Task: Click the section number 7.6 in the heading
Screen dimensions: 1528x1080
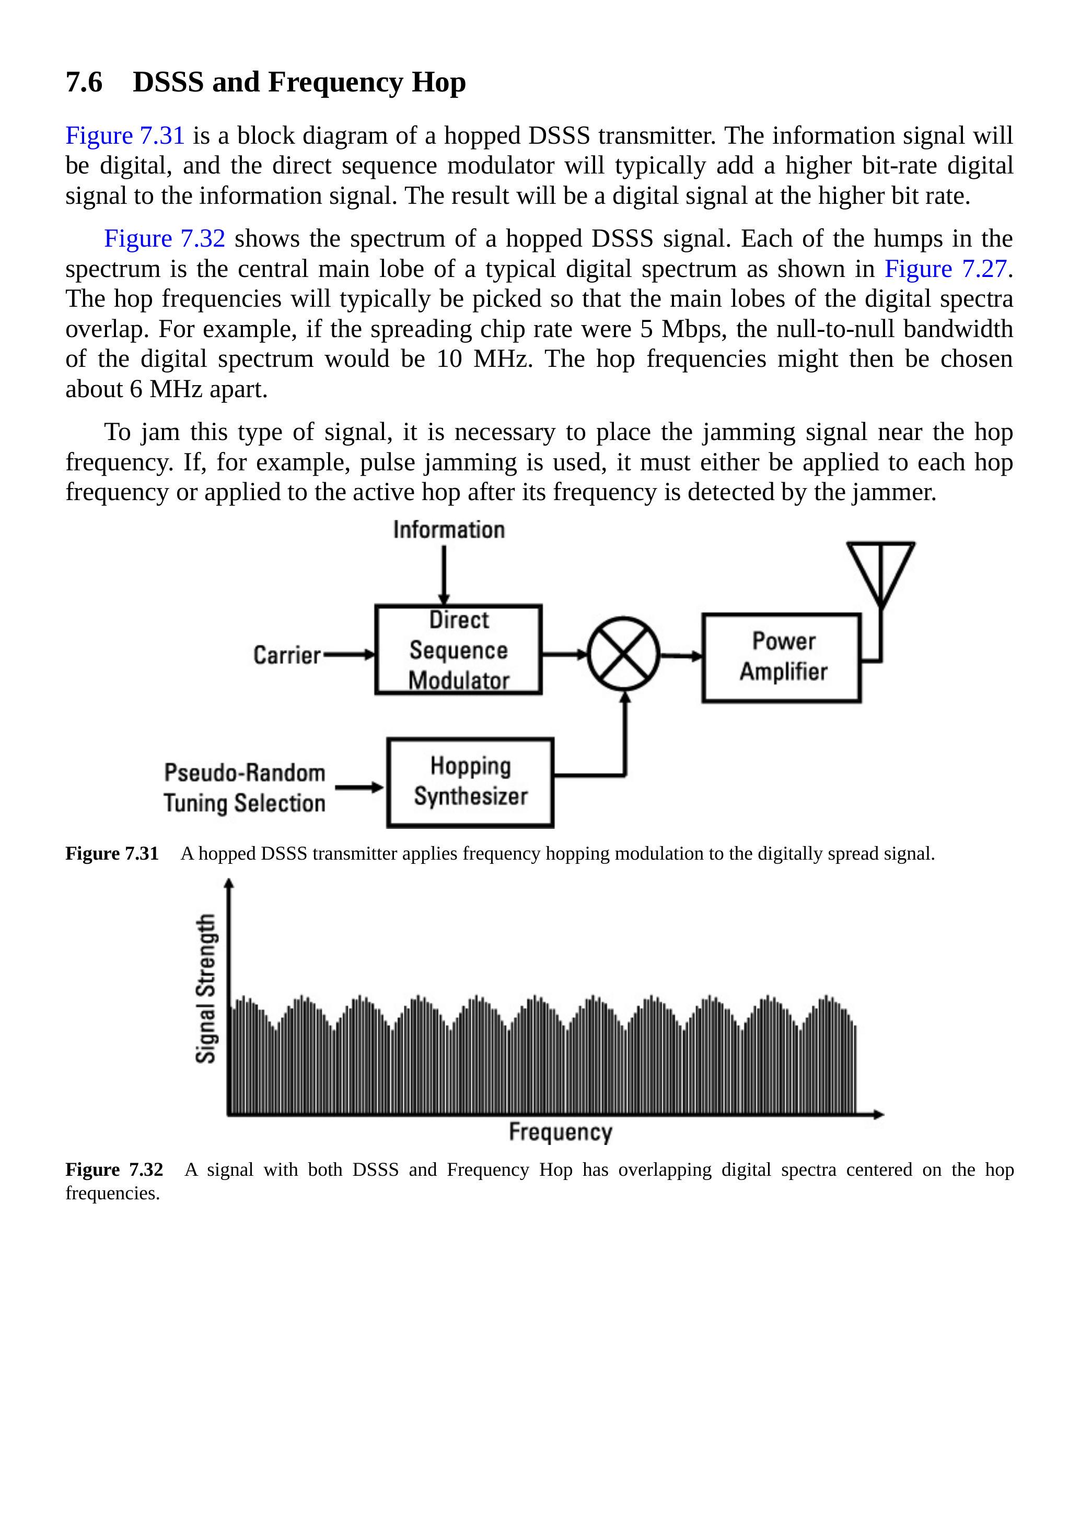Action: coord(84,83)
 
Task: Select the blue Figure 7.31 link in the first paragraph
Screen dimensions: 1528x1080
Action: coord(124,136)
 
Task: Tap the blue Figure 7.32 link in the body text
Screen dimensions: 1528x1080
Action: coord(165,238)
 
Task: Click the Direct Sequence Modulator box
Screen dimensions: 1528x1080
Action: coord(458,650)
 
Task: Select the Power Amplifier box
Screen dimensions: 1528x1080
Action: coord(782,657)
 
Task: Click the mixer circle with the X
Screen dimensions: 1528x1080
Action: coord(623,654)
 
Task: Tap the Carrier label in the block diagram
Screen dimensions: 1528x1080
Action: coord(287,655)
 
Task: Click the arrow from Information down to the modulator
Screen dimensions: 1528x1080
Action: coord(444,574)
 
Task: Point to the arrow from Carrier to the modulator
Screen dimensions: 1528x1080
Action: coord(349,655)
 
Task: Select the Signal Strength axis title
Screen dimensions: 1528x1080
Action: coord(206,988)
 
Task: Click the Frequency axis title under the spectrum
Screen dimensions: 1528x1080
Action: coord(560,1132)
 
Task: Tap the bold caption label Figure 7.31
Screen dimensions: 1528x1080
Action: coord(112,854)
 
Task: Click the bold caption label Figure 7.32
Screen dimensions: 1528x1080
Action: coord(114,1170)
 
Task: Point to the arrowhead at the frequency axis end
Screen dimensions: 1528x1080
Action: coord(878,1114)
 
